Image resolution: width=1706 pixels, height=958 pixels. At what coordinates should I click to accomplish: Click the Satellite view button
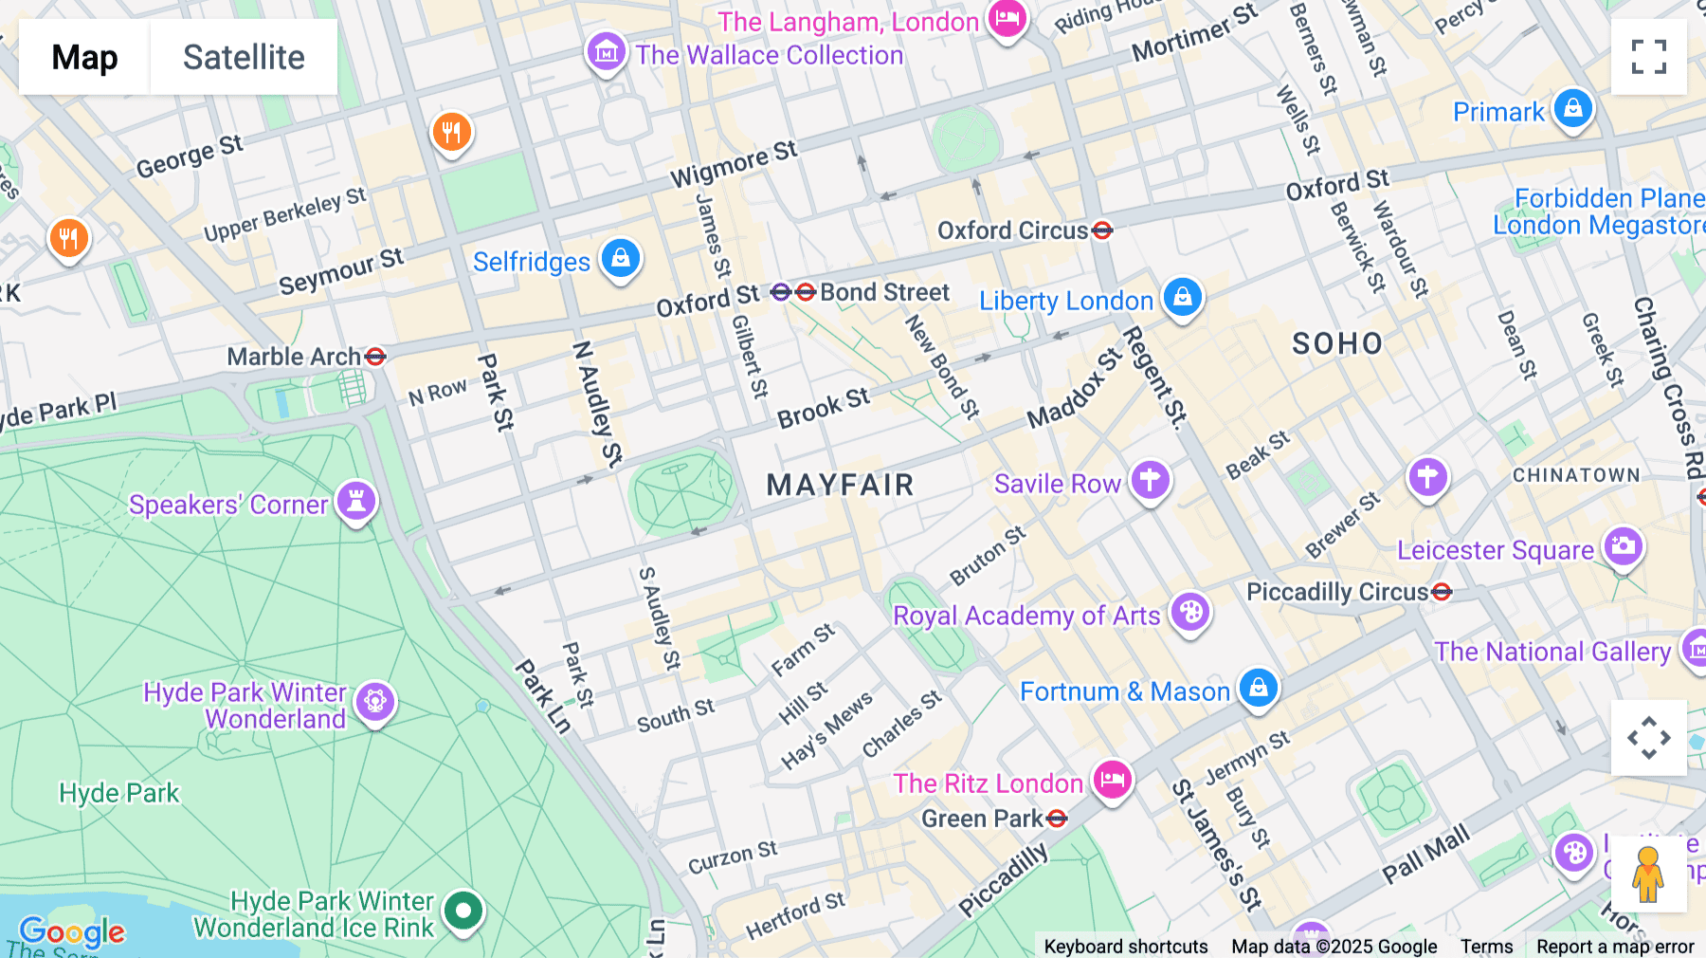click(x=244, y=57)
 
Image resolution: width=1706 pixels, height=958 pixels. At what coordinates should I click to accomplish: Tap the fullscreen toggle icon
click(x=1648, y=57)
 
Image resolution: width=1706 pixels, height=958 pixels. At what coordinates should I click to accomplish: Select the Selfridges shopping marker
click(x=621, y=258)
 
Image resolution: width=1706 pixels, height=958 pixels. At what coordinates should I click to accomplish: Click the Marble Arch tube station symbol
click(x=375, y=357)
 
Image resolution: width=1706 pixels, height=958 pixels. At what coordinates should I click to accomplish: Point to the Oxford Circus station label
click(x=1012, y=230)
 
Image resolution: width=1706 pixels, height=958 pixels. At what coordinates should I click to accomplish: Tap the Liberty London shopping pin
click(x=1182, y=298)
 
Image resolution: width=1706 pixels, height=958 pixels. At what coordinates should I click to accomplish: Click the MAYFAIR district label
click(x=840, y=486)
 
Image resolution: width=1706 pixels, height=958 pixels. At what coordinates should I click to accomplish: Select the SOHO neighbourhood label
click(x=1337, y=343)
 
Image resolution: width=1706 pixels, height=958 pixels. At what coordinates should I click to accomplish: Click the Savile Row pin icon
click(x=1150, y=481)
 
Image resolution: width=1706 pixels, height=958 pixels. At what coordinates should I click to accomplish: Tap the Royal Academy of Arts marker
click(x=1190, y=613)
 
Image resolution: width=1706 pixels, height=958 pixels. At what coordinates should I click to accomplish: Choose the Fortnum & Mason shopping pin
click(x=1258, y=688)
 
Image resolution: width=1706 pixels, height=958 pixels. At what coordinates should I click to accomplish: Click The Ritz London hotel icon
click(x=1112, y=781)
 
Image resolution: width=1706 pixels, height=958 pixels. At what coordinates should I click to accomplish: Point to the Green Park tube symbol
click(x=1058, y=819)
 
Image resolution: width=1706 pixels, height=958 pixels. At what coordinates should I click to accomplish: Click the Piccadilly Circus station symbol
click(x=1442, y=592)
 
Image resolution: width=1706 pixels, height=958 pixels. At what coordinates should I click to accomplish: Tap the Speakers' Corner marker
click(x=356, y=501)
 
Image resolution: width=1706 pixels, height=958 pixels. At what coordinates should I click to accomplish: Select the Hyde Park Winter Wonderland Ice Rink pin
click(x=463, y=912)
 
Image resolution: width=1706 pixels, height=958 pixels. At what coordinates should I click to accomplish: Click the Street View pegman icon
click(x=1648, y=875)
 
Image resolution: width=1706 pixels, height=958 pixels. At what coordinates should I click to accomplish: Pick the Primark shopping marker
click(x=1572, y=109)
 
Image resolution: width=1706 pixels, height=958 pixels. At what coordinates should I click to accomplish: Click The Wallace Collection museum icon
click(x=606, y=52)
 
